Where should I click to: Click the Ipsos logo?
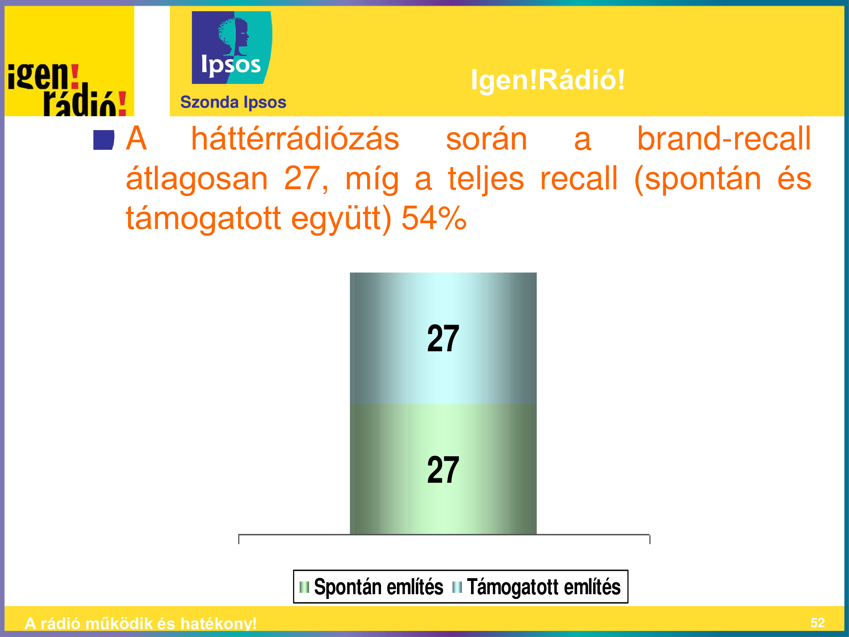(x=232, y=47)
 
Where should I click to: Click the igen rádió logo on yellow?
(x=67, y=89)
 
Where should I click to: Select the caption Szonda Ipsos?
(x=233, y=103)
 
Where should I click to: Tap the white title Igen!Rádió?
(x=548, y=80)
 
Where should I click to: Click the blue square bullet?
(x=104, y=140)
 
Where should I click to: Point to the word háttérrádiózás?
(x=295, y=139)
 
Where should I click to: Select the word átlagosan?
(x=197, y=179)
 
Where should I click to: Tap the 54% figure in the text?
(x=434, y=218)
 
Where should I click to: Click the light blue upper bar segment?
(x=443, y=338)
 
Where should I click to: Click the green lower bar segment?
(x=443, y=469)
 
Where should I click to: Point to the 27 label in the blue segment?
(x=443, y=338)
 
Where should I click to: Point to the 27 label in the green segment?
(x=443, y=470)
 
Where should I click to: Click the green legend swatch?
(x=304, y=587)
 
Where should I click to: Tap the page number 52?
(x=817, y=622)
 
